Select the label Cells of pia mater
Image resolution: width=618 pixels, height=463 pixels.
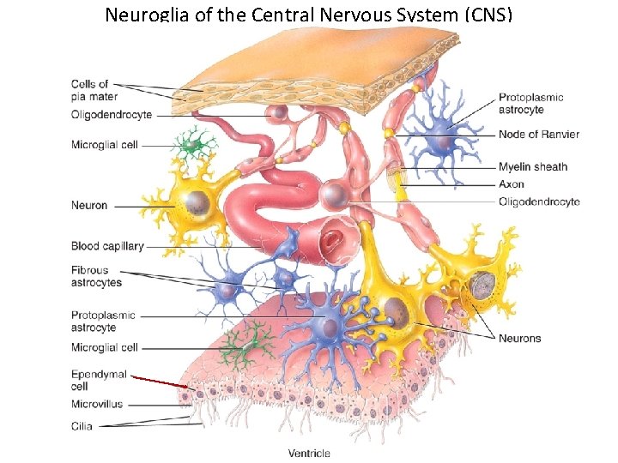tap(94, 90)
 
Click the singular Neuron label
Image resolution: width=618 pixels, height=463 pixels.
tap(89, 206)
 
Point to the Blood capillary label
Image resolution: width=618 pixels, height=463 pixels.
tap(107, 247)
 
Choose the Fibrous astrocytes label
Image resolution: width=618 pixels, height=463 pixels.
tap(96, 276)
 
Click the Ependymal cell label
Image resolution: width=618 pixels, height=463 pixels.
tap(99, 381)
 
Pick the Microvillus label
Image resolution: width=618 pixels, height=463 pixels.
tap(97, 404)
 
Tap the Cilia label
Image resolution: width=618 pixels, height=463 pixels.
tap(82, 426)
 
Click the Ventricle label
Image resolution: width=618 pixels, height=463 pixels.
tap(309, 454)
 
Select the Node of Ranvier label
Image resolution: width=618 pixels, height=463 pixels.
tap(539, 135)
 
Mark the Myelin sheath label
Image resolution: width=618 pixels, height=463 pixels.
tap(533, 167)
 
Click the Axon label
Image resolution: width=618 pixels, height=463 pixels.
tap(512, 184)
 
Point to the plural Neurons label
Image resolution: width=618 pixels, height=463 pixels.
tap(520, 339)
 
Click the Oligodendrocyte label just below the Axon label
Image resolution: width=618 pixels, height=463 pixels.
tap(539, 202)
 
